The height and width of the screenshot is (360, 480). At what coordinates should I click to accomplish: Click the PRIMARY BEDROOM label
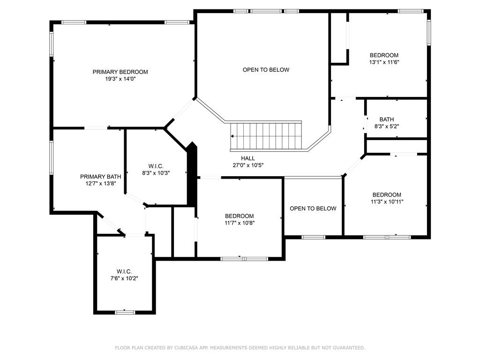[x=120, y=72]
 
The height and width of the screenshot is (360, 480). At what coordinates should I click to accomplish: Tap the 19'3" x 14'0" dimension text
[x=120, y=79]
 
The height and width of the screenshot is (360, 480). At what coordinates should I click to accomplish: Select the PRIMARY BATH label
[x=100, y=177]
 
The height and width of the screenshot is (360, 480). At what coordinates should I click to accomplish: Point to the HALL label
[x=248, y=158]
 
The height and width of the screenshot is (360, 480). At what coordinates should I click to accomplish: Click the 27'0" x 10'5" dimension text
[x=248, y=165]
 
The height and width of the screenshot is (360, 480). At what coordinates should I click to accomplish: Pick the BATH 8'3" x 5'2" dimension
[x=387, y=126]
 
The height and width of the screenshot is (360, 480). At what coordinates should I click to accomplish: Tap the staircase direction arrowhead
[x=232, y=136]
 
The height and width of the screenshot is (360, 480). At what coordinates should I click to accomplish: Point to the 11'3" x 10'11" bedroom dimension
[x=387, y=202]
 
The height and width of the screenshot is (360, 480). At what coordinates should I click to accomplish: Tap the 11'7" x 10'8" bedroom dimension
[x=240, y=223]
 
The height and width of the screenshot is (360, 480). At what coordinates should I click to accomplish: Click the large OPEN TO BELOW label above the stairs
[x=266, y=70]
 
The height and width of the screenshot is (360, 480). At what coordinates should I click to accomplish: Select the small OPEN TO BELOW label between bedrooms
[x=313, y=209]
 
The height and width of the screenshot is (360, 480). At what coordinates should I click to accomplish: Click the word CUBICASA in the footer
[x=186, y=348]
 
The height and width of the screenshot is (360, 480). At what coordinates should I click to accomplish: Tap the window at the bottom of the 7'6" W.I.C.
[x=125, y=312]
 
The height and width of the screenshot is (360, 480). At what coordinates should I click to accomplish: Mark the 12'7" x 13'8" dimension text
[x=100, y=184]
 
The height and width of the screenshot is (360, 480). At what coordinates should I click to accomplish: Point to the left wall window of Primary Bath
[x=52, y=157]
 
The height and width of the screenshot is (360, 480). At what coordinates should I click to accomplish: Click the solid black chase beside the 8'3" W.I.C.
[x=192, y=174]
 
